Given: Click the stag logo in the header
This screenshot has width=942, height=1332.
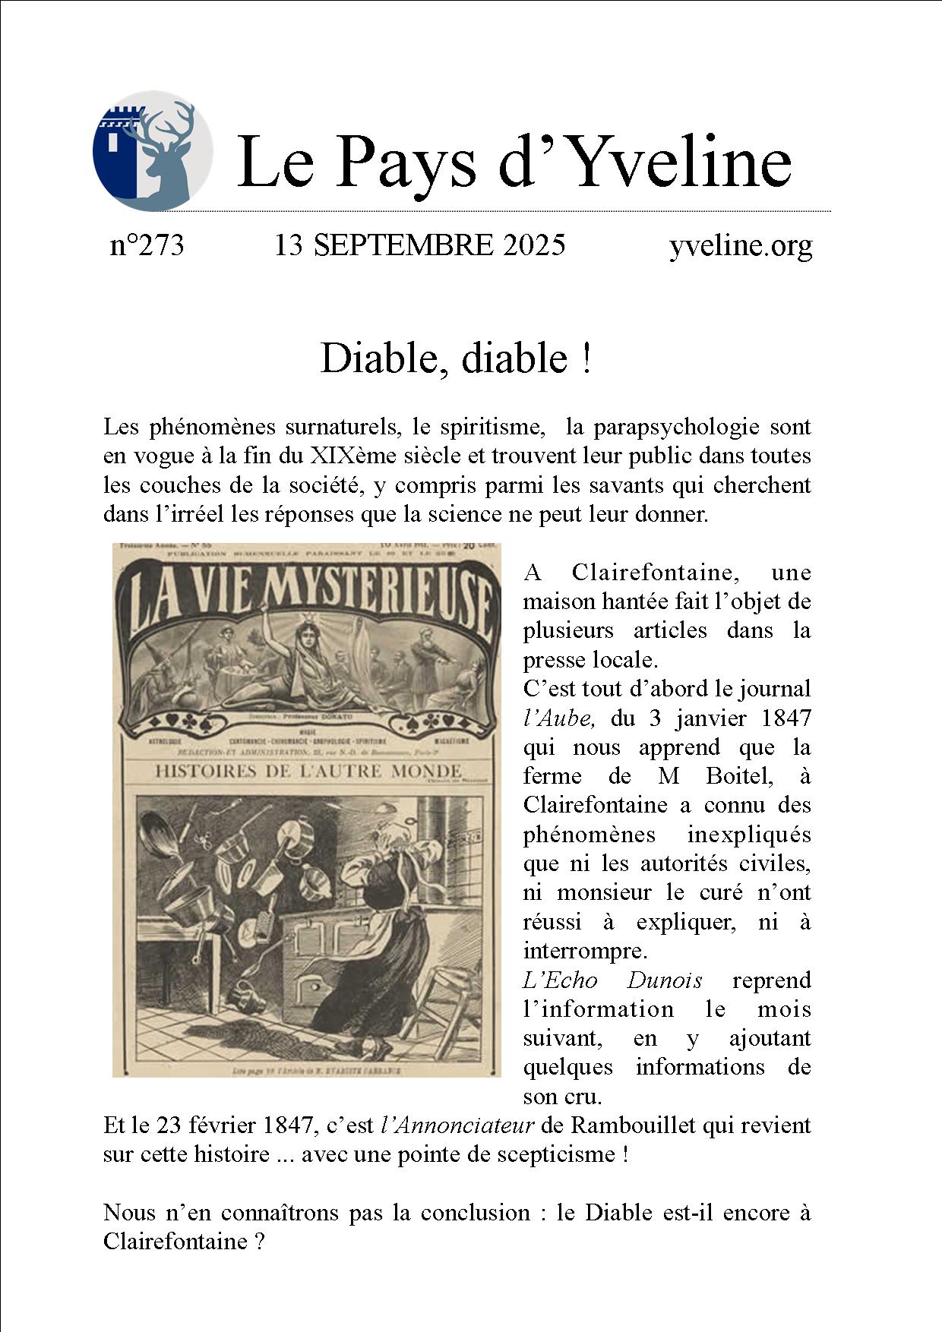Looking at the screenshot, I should coord(153,150).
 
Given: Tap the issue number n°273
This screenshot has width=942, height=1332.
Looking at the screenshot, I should coord(147,246).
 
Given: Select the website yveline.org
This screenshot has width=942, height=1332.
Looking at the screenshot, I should coord(741,246).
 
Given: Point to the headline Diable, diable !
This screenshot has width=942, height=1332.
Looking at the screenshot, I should coord(455,358).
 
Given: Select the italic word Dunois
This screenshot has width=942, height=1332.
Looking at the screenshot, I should coord(664,980).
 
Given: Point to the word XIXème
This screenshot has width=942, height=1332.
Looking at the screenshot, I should coord(349,456).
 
